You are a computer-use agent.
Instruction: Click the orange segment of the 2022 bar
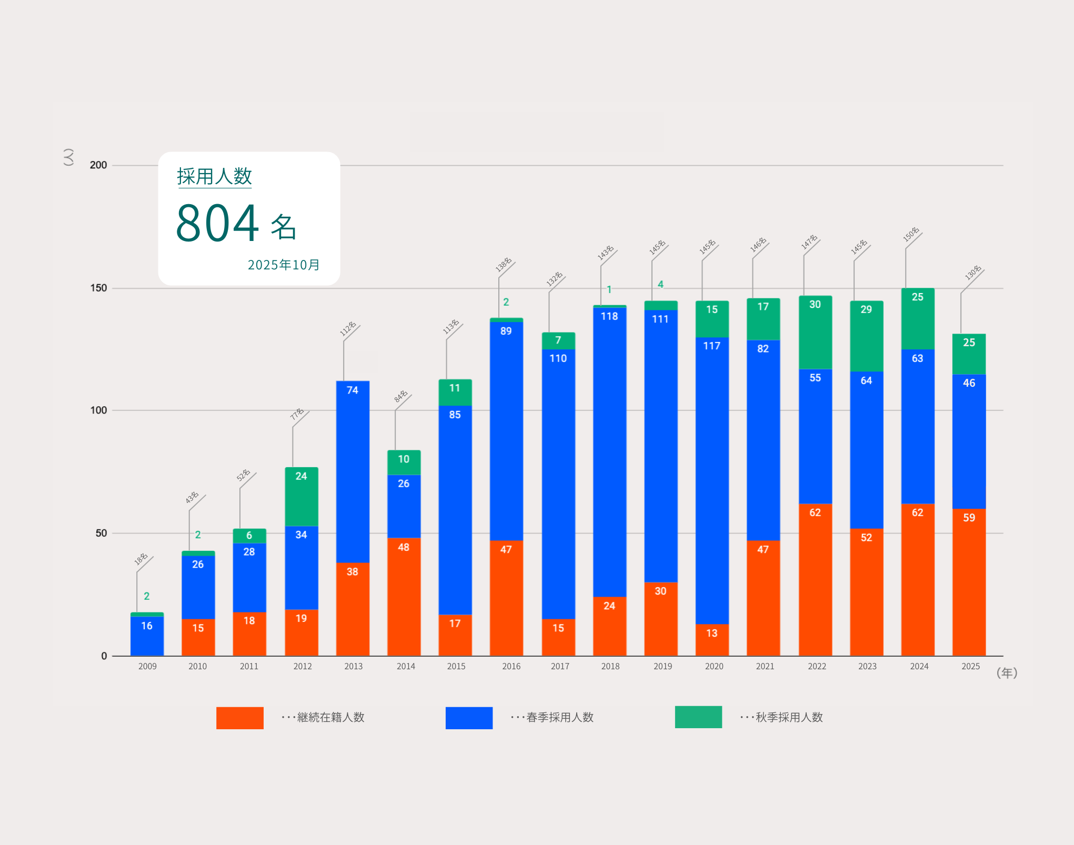pyautogui.click(x=815, y=579)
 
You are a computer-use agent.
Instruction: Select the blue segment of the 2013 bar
pyautogui.click(x=353, y=471)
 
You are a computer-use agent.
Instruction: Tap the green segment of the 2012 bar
pyautogui.click(x=301, y=496)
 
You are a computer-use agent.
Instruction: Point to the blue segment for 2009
pyautogui.click(x=147, y=636)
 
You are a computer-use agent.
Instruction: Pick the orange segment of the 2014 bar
pyautogui.click(x=404, y=596)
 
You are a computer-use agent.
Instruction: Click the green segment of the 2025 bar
pyautogui.click(x=969, y=354)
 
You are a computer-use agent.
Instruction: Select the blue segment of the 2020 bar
pyautogui.click(x=712, y=480)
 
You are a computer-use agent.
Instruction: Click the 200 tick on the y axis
pyautogui.click(x=98, y=165)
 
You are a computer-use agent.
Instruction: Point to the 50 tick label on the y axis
pyautogui.click(x=101, y=533)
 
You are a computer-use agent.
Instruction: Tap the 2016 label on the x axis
pyautogui.click(x=511, y=666)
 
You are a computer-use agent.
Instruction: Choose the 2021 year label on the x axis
pyautogui.click(x=765, y=666)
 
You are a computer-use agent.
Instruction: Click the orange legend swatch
pyautogui.click(x=239, y=718)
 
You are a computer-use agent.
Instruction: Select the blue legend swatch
pyautogui.click(x=469, y=718)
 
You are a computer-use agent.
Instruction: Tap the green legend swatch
pyautogui.click(x=698, y=717)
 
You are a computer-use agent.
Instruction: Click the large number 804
pyautogui.click(x=217, y=223)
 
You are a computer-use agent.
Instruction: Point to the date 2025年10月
pyautogui.click(x=284, y=265)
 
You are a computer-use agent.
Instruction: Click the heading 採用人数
pyautogui.click(x=214, y=176)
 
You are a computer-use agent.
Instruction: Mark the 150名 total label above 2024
pyautogui.click(x=911, y=234)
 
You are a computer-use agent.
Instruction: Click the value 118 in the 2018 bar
pyautogui.click(x=609, y=316)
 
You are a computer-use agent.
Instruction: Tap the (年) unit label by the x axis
pyautogui.click(x=1007, y=673)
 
